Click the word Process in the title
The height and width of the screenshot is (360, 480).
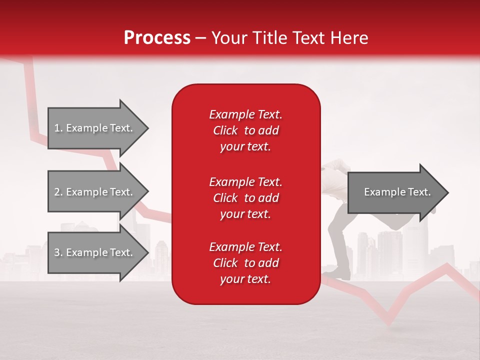[157, 38]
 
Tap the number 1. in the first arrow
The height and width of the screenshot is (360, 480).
[58, 128]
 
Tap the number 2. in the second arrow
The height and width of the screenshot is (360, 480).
[58, 192]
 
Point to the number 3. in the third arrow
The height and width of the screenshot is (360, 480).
[58, 252]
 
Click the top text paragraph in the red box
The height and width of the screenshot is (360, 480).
[245, 130]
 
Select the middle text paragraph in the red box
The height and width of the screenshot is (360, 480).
[245, 198]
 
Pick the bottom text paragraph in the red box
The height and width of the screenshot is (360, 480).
[245, 263]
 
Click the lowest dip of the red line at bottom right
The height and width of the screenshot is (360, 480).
[388, 323]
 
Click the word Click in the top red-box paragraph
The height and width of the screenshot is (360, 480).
[225, 130]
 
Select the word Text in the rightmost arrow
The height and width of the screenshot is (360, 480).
[419, 192]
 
